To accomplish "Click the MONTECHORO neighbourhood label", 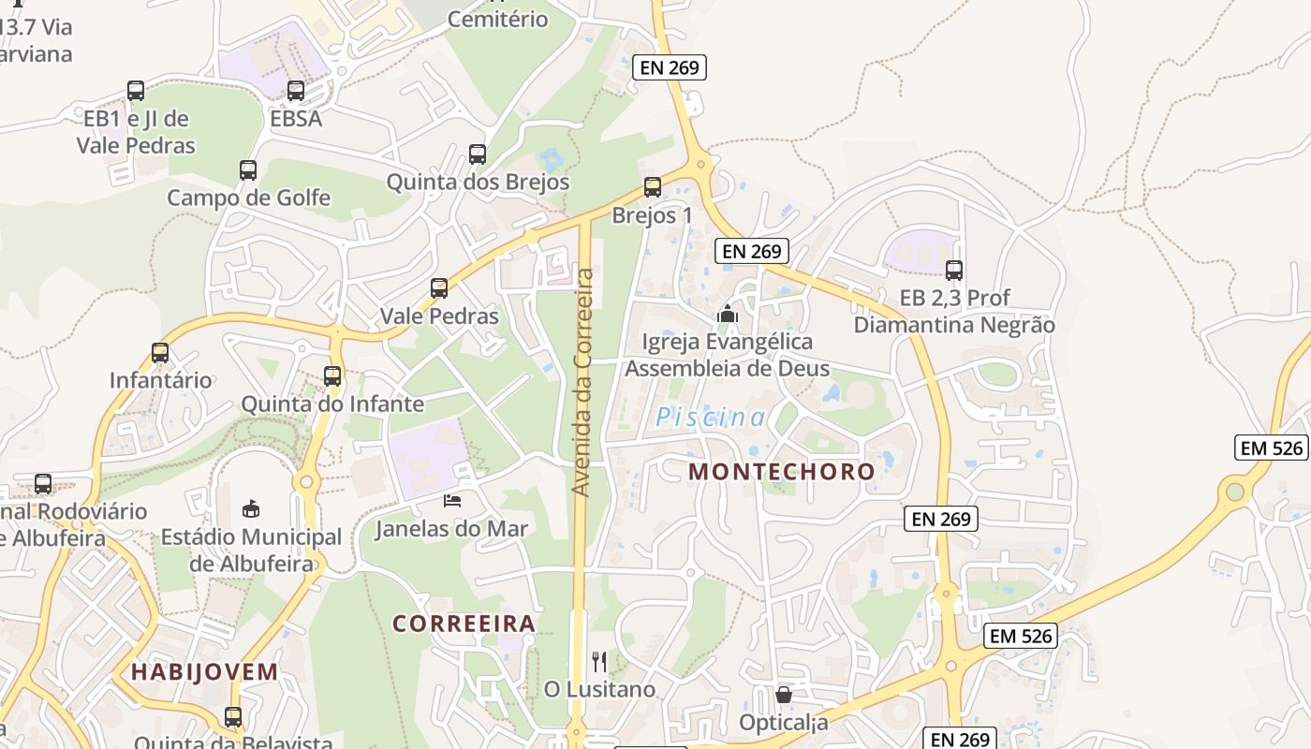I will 782,472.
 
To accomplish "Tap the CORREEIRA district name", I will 464,624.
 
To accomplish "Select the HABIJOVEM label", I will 204,671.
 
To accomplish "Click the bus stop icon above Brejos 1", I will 653,187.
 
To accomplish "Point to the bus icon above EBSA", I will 296,91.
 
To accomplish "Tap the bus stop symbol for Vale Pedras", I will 439,288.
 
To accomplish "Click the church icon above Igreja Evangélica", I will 728,314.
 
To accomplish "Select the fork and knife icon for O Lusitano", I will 599,662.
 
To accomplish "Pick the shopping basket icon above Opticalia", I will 784,695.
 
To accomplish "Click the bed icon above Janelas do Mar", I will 452,501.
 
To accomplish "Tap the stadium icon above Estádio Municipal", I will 251,509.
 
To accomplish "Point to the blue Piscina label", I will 711,418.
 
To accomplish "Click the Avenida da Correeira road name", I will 584,383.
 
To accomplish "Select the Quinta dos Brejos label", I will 478,182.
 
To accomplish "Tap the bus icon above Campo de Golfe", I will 248,170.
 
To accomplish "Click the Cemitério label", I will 497,19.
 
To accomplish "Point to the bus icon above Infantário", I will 160,353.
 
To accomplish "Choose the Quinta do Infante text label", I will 332,404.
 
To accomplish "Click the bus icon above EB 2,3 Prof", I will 954,271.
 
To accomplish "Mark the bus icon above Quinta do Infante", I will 332,376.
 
